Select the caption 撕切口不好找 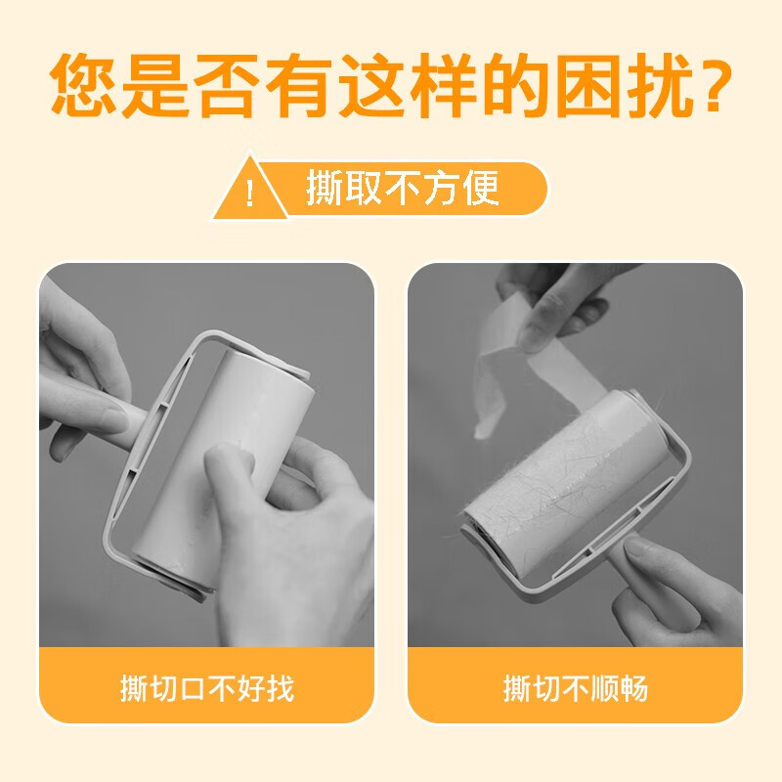pos(206,688)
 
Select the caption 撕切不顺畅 pos(575,688)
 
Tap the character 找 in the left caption pos(280,688)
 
